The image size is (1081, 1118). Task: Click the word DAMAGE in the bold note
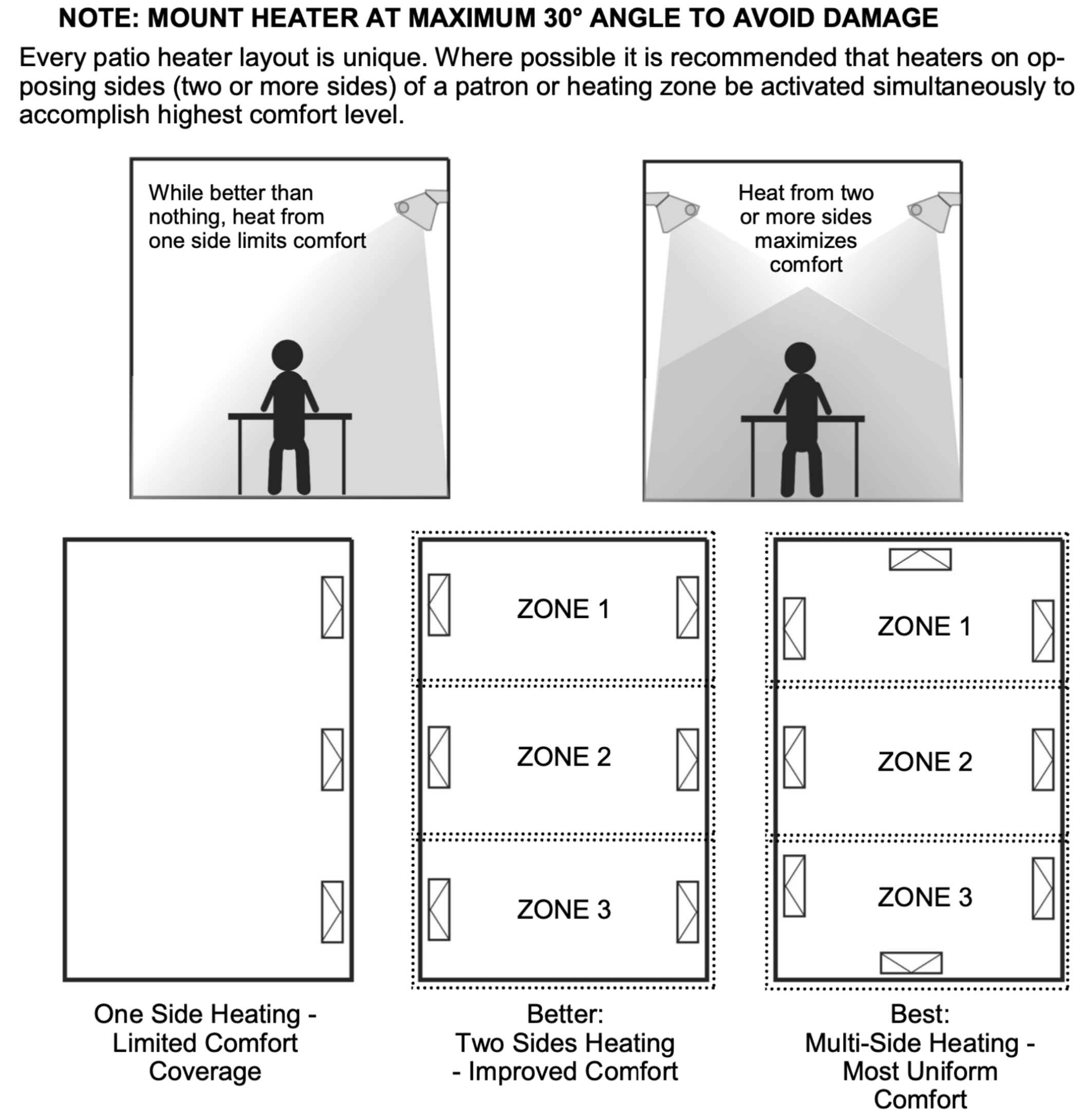(x=880, y=18)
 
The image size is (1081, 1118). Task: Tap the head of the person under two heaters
(x=800, y=358)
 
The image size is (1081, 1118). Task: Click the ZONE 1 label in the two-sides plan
(x=564, y=609)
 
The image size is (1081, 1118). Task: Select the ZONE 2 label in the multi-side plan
(x=925, y=762)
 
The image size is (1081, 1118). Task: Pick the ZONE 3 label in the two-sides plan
(x=564, y=909)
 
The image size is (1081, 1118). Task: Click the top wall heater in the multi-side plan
(x=920, y=559)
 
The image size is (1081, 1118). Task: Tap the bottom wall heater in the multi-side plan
(x=911, y=963)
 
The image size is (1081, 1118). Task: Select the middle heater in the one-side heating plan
(x=332, y=760)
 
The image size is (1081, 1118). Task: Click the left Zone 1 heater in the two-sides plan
(x=439, y=605)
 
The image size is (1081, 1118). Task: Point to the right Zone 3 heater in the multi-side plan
(x=1043, y=889)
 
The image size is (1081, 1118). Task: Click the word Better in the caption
(x=565, y=1014)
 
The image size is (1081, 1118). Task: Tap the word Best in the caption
(x=920, y=1014)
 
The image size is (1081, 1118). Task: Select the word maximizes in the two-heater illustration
(x=806, y=241)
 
